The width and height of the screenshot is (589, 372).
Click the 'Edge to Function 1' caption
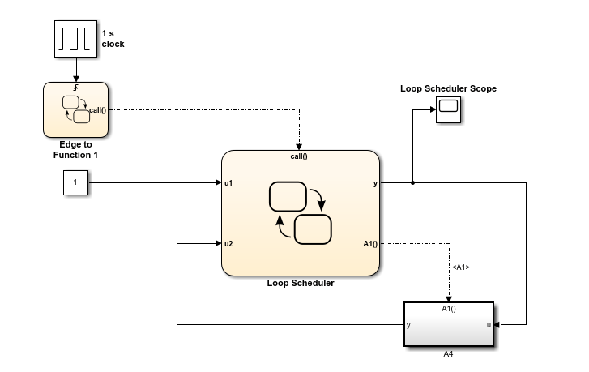point(74,149)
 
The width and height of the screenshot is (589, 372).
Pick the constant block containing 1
point(75,183)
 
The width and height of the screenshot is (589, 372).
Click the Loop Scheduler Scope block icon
point(448,109)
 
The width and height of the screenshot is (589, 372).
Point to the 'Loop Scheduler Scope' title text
point(448,88)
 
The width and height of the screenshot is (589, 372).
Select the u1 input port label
point(229,183)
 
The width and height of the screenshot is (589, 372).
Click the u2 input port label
point(229,243)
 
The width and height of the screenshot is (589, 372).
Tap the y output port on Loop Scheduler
point(374,183)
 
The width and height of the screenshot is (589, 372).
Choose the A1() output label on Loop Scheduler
point(369,243)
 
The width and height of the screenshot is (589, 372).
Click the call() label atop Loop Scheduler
point(300,156)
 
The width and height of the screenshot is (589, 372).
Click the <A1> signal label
point(460,267)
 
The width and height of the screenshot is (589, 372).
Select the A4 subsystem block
point(448,325)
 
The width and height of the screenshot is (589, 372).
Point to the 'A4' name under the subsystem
point(448,353)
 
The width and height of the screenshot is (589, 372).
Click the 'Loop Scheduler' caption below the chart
point(300,284)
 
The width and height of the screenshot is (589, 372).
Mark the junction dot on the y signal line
point(413,183)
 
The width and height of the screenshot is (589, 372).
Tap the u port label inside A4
point(488,325)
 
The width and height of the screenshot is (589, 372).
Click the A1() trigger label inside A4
point(448,309)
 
